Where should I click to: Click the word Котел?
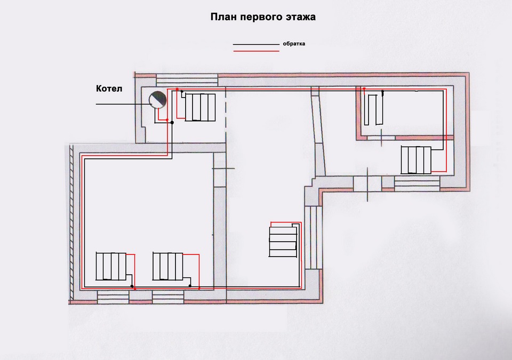109,89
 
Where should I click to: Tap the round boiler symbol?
157,100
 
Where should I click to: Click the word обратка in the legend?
294,43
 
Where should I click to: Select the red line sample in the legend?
256,51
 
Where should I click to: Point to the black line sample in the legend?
256,44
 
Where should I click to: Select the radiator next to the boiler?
200,108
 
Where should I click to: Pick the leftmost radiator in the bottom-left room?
111,266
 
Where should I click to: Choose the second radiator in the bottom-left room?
168,266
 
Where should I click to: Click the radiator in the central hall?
283,242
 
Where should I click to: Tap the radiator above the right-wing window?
416,160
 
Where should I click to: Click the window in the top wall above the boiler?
187,80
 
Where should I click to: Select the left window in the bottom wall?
113,297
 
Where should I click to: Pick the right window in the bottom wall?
168,297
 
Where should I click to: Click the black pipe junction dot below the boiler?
172,123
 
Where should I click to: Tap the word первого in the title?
257,17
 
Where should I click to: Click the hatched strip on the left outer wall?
71,222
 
